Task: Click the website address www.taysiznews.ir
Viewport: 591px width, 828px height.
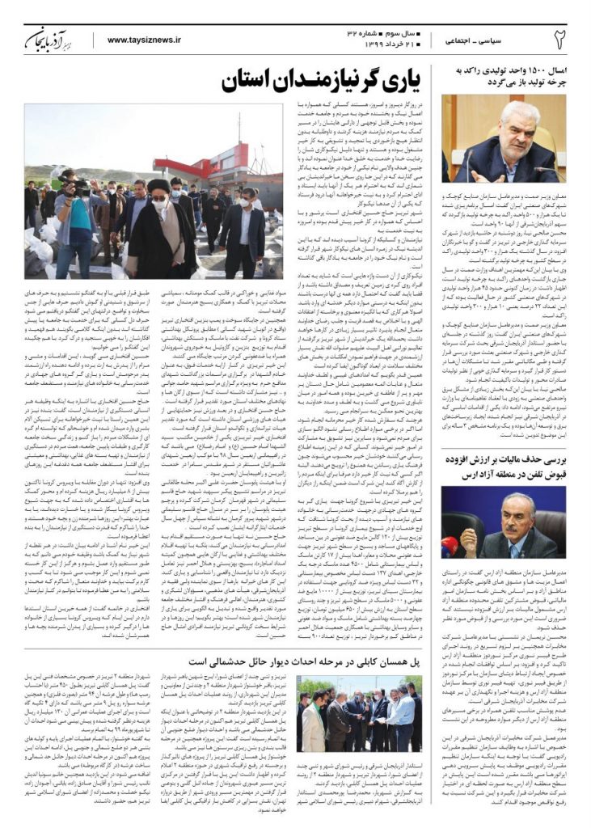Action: (144, 39)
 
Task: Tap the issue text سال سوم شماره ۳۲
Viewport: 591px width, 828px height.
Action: (372, 30)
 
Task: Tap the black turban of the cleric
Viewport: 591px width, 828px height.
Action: (160, 186)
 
